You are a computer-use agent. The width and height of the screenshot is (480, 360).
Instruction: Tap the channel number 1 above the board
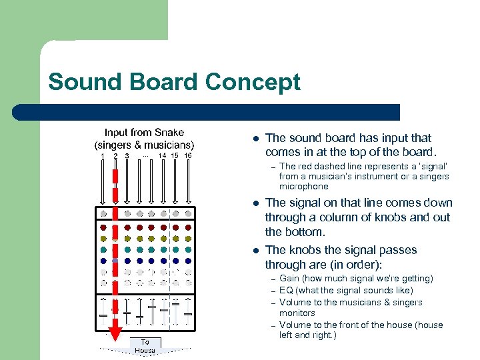[x=103, y=156]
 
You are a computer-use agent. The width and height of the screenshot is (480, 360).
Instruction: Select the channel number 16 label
[x=188, y=156]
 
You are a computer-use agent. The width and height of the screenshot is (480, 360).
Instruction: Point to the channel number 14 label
[x=163, y=156]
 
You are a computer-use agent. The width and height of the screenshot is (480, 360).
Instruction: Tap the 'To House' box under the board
[x=145, y=346]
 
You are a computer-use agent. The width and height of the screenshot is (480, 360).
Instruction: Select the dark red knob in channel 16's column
[x=188, y=227]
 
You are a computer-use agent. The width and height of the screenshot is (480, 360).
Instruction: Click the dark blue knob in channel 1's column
[x=103, y=261]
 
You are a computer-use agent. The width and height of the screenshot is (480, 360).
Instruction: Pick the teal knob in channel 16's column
[x=188, y=249]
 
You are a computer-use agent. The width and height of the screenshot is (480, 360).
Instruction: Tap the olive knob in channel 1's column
[x=103, y=238]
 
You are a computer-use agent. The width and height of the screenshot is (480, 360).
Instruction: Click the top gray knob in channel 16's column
[x=188, y=213]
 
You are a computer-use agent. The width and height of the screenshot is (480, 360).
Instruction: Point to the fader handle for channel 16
[x=188, y=313]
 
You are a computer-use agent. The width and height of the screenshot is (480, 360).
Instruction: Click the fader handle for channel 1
[x=103, y=315]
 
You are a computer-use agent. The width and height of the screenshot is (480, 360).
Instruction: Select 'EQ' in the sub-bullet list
[x=287, y=290]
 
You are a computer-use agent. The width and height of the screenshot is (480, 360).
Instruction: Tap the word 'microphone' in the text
[x=303, y=187]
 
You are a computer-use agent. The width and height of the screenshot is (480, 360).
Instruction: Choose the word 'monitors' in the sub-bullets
[x=297, y=313]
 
